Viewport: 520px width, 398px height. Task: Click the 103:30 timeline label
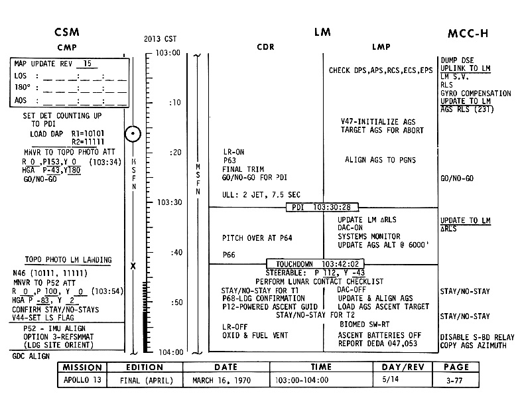(168, 202)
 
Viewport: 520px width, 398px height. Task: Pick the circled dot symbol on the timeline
(133, 135)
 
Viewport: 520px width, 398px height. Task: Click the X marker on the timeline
(133, 265)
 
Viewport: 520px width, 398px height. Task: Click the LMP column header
(381, 47)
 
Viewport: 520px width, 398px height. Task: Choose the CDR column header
(266, 47)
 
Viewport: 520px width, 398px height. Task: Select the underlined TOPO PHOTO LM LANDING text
(68, 259)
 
